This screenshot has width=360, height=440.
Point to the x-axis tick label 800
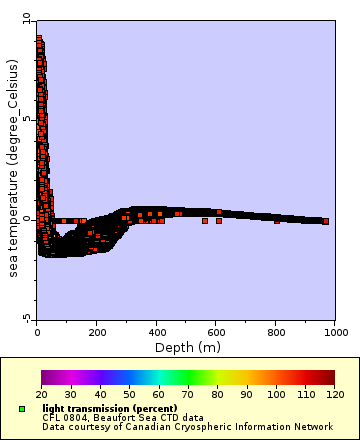[276, 331]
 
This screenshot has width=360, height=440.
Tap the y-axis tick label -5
[27, 318]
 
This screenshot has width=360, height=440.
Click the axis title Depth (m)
[186, 347]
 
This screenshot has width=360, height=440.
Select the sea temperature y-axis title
[13, 168]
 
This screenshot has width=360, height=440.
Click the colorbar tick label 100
[276, 394]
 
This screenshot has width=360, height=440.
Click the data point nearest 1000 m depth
[325, 220]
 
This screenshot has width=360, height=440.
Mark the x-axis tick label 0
[37, 331]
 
